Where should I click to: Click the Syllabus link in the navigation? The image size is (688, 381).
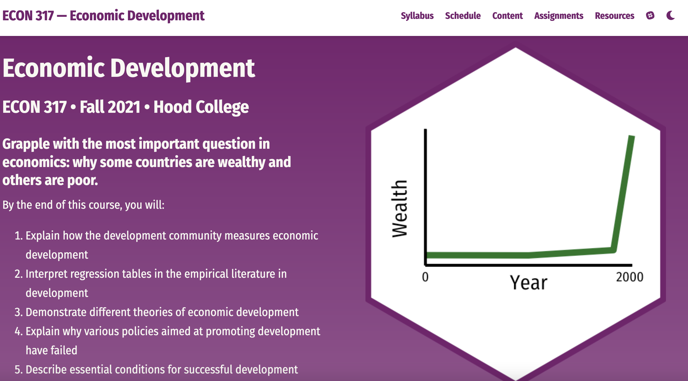pos(417,16)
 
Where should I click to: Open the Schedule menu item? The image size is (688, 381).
pos(463,16)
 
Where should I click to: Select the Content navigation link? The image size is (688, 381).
pos(508,16)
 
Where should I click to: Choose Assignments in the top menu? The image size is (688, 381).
pos(559,16)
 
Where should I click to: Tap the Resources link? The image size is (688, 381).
pos(615,16)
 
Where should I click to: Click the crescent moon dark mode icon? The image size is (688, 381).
pos(671,15)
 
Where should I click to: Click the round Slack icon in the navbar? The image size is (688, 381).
pos(650,15)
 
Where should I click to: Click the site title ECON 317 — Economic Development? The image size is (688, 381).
pos(104,16)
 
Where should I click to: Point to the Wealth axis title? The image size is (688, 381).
pos(399,209)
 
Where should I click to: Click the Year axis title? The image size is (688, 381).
pos(528,282)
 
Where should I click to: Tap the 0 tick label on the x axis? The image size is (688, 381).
pos(425,277)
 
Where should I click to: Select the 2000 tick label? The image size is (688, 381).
pos(630,277)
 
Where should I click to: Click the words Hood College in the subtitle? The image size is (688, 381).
pos(201,107)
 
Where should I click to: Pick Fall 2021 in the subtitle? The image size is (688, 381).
pos(110,107)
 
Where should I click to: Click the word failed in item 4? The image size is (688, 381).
pos(64,350)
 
